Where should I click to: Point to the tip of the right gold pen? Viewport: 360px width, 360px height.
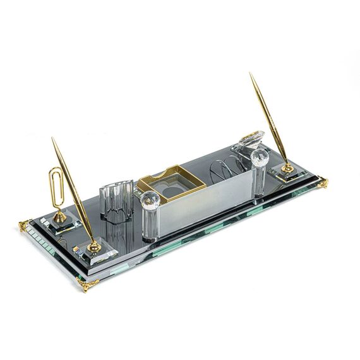click(x=251, y=74)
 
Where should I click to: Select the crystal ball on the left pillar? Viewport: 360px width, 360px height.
click(x=150, y=200)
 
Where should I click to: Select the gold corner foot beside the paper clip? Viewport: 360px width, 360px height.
click(x=25, y=224)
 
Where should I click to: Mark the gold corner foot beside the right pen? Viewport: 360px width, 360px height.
click(x=323, y=183)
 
